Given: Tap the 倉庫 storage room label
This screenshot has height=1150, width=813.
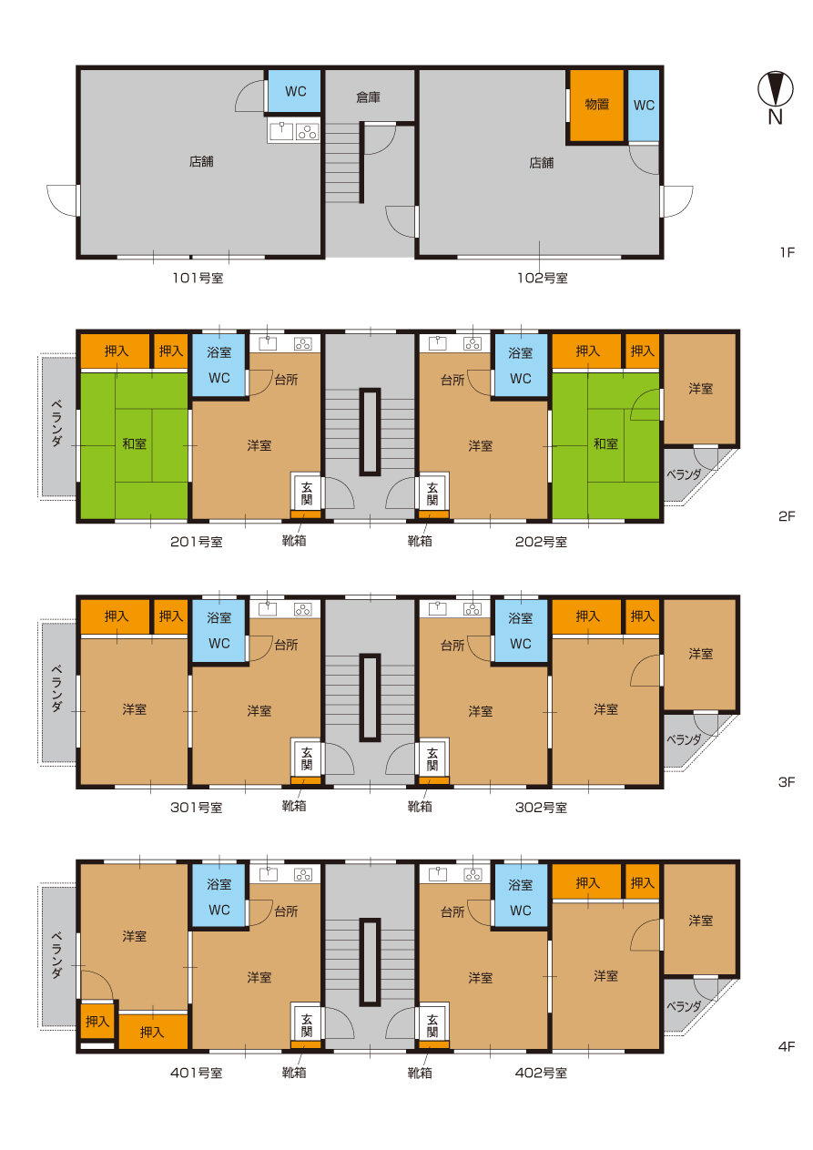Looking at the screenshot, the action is click(368, 97).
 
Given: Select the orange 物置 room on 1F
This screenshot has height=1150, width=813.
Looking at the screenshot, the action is click(597, 106).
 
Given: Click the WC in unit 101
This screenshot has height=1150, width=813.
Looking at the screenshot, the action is click(295, 91).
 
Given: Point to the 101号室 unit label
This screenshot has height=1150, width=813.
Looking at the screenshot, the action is click(198, 279).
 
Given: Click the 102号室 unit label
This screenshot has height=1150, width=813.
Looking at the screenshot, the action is click(542, 279).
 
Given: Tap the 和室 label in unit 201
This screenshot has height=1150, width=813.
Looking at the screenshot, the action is click(134, 443).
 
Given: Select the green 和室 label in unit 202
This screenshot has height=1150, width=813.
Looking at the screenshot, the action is click(605, 443).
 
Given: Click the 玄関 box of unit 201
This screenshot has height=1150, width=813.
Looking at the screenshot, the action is click(306, 492).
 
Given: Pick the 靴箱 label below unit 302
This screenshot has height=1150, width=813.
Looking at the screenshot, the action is click(420, 806).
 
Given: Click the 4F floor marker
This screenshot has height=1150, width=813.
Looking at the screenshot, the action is click(787, 1046).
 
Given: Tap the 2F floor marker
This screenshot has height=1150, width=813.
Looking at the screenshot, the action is click(787, 516).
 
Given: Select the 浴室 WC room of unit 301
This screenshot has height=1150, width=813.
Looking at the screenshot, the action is click(219, 630).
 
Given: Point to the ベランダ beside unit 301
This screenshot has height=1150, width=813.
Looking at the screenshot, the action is click(58, 691).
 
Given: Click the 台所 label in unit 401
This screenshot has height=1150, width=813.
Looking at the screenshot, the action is click(286, 911).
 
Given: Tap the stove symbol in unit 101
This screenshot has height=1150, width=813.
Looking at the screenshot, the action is click(307, 132).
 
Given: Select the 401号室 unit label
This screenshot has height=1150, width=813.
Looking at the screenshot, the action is click(197, 1073).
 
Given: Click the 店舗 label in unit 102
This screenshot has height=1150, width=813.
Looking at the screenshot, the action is click(542, 163).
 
